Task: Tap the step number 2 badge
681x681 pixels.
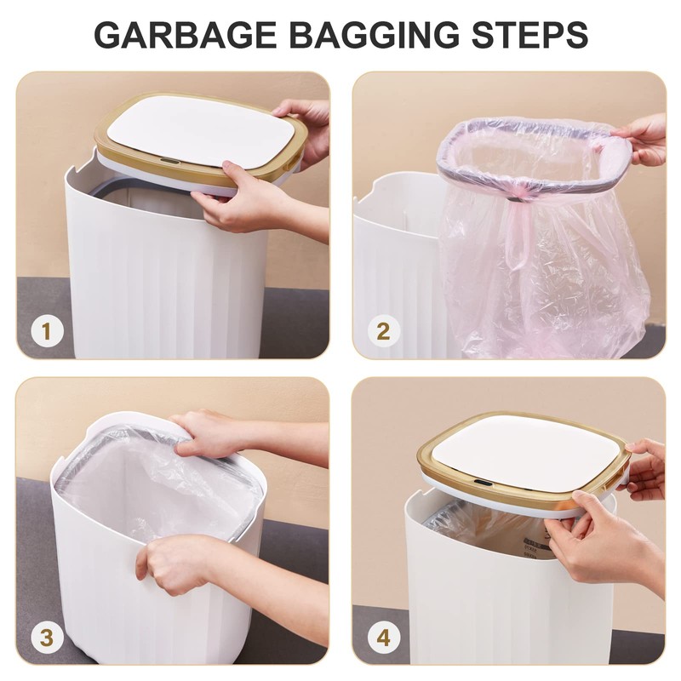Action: click(383, 331)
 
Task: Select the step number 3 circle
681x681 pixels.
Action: click(46, 637)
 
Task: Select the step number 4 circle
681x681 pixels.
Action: click(383, 637)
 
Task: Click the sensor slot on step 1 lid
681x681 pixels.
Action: click(169, 160)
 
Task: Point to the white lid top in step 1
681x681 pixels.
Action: click(204, 128)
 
